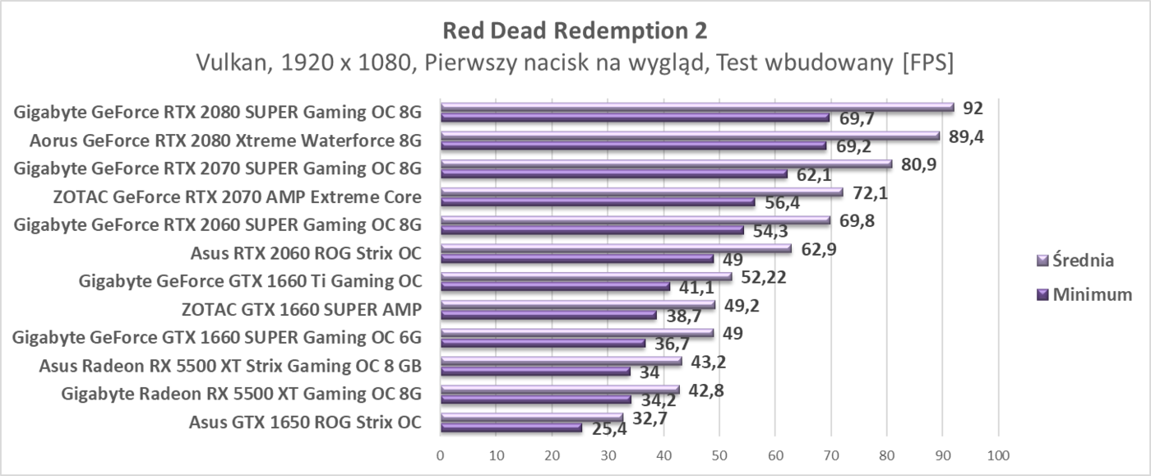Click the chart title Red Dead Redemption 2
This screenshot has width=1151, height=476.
(x=575, y=30)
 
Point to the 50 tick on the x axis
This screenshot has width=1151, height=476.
(x=719, y=455)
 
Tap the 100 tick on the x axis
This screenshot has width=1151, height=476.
(x=997, y=455)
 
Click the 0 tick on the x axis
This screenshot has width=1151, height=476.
(x=441, y=455)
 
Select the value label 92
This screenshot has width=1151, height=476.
(x=973, y=108)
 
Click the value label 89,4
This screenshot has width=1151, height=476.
(x=966, y=136)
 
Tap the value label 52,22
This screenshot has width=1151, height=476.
(x=763, y=277)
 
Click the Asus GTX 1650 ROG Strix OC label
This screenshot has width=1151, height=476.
(x=305, y=423)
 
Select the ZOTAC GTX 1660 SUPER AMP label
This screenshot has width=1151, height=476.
(x=302, y=309)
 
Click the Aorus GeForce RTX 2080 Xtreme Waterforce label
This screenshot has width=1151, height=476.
(x=225, y=141)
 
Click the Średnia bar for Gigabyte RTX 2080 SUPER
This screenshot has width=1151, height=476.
(x=697, y=106)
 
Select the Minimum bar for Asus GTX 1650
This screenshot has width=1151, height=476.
(x=511, y=427)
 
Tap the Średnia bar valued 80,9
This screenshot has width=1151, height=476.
(x=666, y=164)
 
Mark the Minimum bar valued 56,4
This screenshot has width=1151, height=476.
(x=597, y=201)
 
